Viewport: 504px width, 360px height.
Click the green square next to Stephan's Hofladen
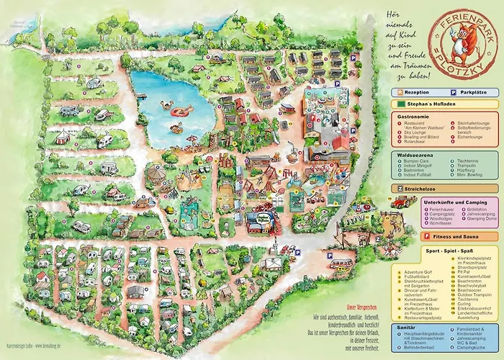(x=399, y=104)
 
